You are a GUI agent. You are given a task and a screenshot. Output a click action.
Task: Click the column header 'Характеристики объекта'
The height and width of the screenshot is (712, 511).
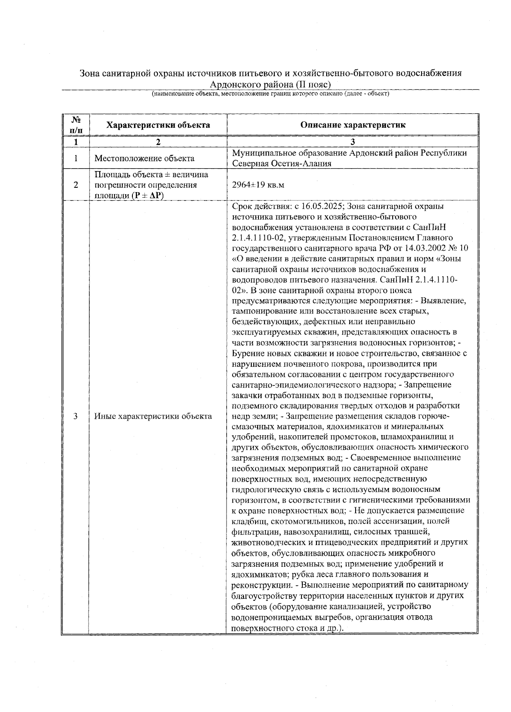pos(158,125)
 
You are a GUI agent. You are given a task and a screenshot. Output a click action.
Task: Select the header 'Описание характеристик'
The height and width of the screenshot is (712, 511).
pos(353,125)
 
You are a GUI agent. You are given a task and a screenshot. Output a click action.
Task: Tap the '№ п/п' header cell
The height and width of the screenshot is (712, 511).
pos(75,125)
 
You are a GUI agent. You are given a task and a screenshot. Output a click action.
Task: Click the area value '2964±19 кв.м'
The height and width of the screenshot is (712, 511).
pos(258,185)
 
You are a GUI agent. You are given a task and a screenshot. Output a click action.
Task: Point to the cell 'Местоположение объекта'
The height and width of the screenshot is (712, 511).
pos(144,158)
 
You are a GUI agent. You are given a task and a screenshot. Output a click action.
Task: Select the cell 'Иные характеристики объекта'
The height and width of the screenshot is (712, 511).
pos(153,416)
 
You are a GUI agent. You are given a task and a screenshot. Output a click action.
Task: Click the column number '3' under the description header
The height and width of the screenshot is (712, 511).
pos(353,142)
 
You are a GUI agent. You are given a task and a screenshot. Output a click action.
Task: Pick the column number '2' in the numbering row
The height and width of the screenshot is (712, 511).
pos(158,142)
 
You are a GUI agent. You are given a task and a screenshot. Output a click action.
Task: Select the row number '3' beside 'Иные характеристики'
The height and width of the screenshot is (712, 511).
pos(75,416)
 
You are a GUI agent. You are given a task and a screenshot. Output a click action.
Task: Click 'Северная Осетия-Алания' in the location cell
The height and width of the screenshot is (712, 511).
pos(281,164)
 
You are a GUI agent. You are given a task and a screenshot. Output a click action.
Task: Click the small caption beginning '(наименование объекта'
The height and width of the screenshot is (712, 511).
pos(270,93)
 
